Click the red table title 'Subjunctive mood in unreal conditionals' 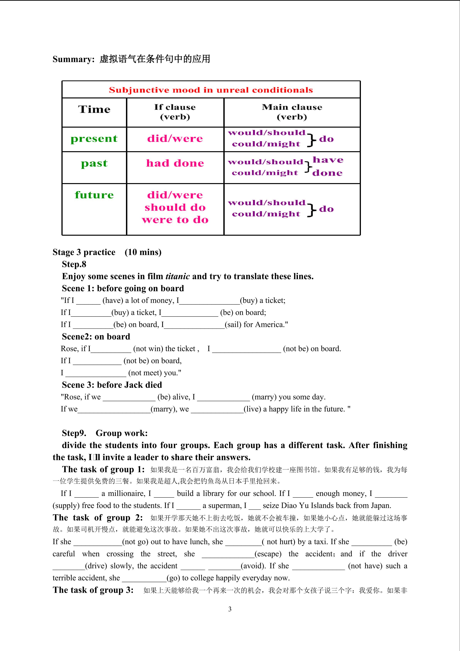(211, 90)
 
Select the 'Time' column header (94, 109)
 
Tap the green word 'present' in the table (94, 139)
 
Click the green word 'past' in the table (94, 164)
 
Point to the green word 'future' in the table (94, 195)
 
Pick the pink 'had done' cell (175, 163)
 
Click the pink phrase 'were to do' (175, 220)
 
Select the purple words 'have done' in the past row (327, 166)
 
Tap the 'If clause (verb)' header (175, 112)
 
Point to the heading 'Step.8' (74, 264)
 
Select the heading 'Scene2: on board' (96, 337)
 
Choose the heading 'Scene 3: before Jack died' (112, 385)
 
